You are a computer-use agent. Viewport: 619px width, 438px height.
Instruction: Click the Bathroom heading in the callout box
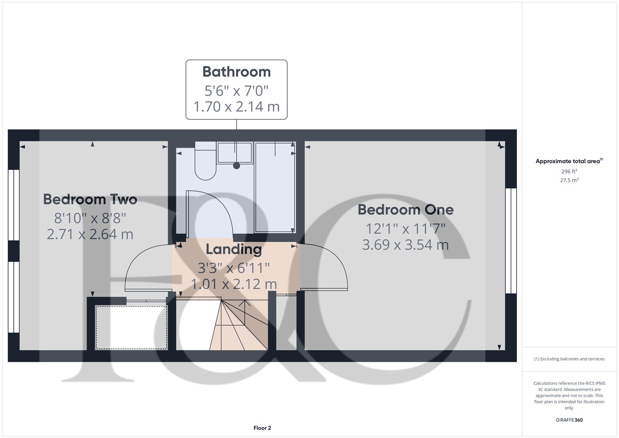[x=236, y=72]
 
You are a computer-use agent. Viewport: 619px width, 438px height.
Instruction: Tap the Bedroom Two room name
[x=90, y=200]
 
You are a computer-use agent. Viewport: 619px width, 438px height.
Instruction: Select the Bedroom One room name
[x=405, y=210]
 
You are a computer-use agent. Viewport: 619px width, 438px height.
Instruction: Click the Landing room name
[x=233, y=249]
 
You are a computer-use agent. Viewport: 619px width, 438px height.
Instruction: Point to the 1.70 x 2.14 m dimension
[x=236, y=107]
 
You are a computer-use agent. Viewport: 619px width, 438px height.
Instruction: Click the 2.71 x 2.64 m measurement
[x=90, y=234]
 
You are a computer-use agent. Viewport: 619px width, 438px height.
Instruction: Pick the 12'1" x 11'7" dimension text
[x=405, y=229]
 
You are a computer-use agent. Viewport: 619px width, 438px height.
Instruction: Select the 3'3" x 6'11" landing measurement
[x=233, y=268]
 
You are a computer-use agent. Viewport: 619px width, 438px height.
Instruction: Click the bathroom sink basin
[x=235, y=153]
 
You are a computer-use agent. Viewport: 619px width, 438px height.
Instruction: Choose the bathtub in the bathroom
[x=275, y=187]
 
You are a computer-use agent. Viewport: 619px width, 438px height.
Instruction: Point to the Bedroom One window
[x=511, y=240]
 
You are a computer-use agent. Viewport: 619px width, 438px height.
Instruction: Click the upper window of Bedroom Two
[x=14, y=205]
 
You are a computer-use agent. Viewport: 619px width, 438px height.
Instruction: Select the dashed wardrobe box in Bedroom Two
[x=131, y=327]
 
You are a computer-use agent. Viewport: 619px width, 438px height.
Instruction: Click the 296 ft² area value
[x=569, y=172]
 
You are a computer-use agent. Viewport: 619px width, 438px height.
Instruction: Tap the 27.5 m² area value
[x=569, y=180]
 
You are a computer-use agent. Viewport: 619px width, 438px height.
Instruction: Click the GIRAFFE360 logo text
[x=569, y=420]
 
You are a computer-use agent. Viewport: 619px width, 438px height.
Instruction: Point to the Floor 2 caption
[x=262, y=428]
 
